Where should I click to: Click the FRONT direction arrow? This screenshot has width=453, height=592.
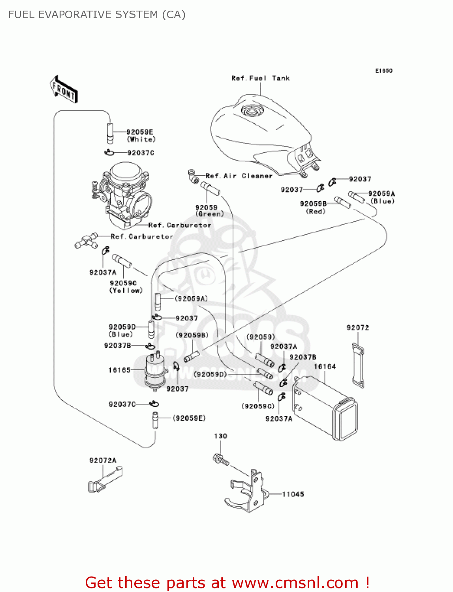[x=64, y=89]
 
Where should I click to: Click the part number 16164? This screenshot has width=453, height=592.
[x=325, y=367]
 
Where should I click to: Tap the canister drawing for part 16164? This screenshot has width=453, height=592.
[x=325, y=408]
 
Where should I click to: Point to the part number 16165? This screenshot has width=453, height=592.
[x=119, y=370]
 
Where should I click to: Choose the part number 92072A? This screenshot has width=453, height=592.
[x=103, y=461]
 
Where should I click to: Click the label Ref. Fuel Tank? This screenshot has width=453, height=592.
[x=260, y=78]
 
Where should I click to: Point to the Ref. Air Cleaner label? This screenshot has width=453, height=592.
[x=239, y=176]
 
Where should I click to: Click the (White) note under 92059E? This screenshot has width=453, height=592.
[x=141, y=139]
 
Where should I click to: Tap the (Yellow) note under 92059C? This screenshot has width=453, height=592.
[x=126, y=290]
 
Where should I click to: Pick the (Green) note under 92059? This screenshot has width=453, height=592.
[x=209, y=214]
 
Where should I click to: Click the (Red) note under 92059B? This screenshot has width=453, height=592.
[x=316, y=212]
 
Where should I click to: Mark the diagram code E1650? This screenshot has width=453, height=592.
[x=383, y=71]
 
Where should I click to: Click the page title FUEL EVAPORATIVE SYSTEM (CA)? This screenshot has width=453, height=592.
[x=97, y=15]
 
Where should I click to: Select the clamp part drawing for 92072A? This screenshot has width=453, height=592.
[x=105, y=480]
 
